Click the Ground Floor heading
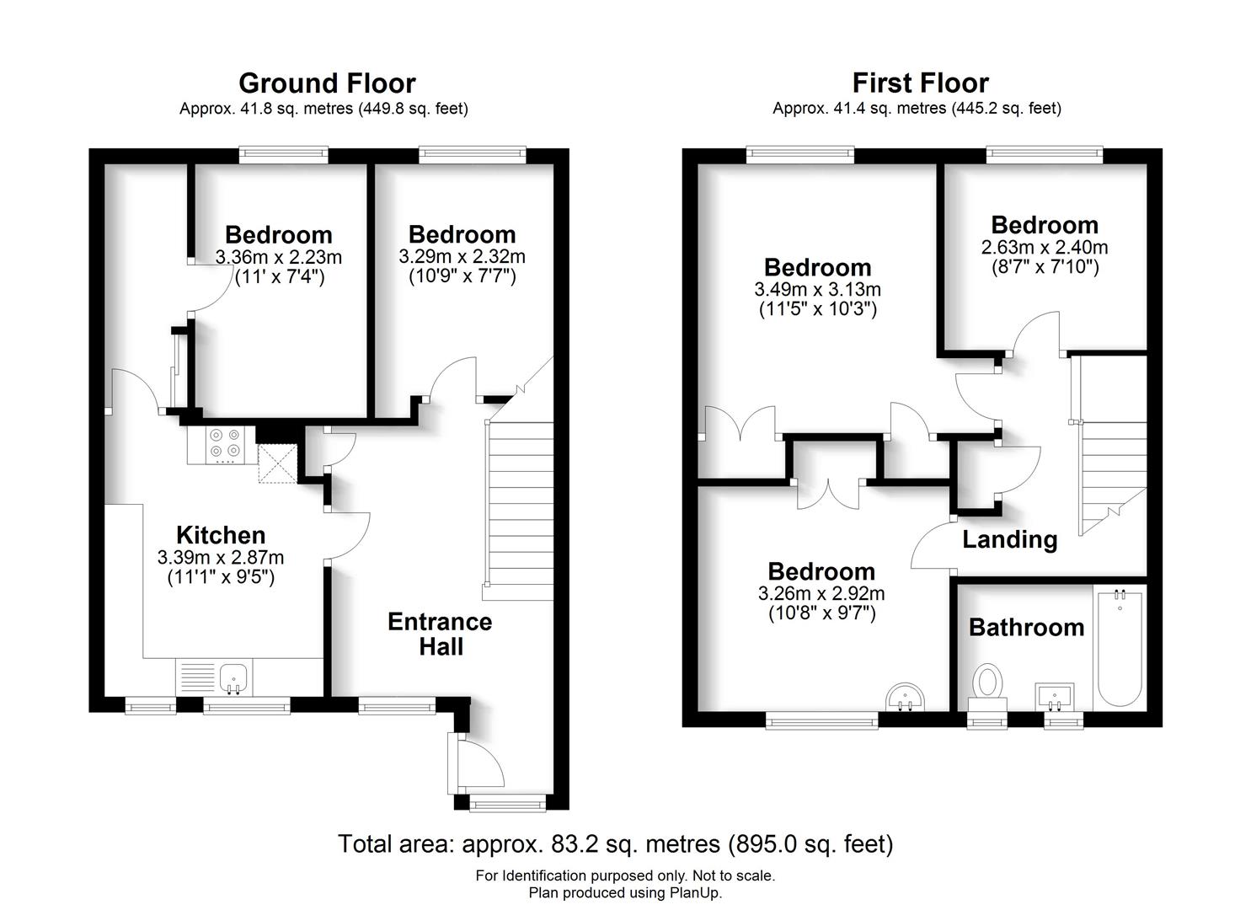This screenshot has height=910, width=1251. (x=327, y=83)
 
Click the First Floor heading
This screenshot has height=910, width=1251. (x=920, y=83)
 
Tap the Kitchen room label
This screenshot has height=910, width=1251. (x=221, y=535)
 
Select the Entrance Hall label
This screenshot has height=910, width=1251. (x=440, y=634)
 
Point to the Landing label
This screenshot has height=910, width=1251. (x=1009, y=539)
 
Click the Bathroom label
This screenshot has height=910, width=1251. (x=1026, y=627)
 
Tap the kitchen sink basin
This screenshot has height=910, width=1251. (x=233, y=677)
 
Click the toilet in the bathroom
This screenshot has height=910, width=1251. (x=986, y=683)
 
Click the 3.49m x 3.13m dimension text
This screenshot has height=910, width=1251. (x=817, y=289)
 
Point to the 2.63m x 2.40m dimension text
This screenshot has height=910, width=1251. (x=1045, y=247)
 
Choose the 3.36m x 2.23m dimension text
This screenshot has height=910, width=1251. (x=279, y=256)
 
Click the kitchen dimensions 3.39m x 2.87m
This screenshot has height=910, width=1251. (x=221, y=557)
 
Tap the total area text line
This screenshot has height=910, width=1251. (x=615, y=843)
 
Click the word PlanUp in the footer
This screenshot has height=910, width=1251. (x=695, y=892)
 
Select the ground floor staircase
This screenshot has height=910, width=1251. (x=519, y=506)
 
